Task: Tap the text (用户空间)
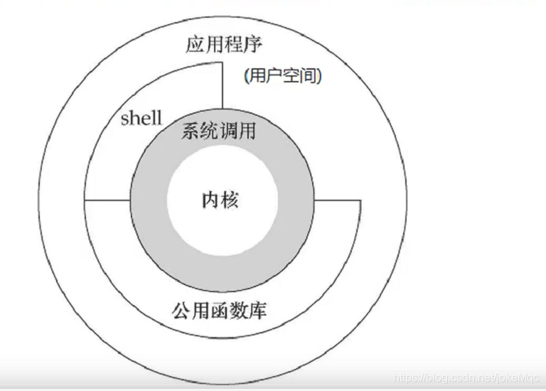[282, 77]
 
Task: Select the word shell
[141, 118]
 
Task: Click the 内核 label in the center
[220, 200]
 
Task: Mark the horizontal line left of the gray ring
[107, 200]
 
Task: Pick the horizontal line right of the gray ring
[338, 200]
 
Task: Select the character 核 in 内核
[230, 200]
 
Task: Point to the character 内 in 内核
[210, 200]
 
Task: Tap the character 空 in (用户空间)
[292, 77]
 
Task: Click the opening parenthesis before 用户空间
[245, 77]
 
